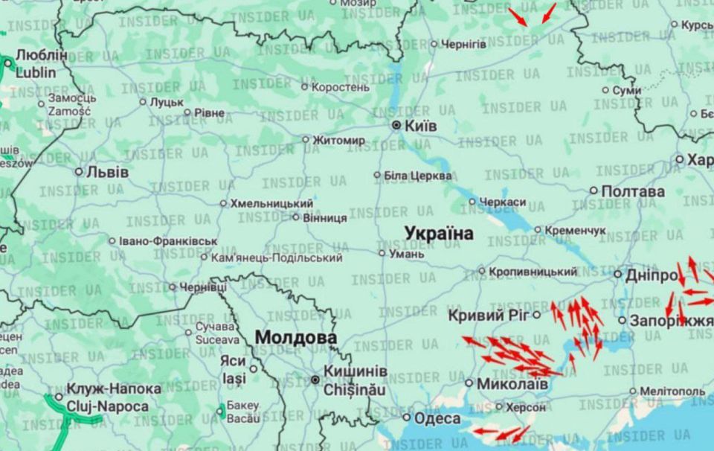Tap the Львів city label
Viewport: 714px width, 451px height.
pyautogui.click(x=108, y=172)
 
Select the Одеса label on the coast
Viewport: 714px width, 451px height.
pyautogui.click(x=437, y=418)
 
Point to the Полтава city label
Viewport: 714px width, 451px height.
pyautogui.click(x=632, y=191)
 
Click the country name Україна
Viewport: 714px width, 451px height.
pyautogui.click(x=439, y=234)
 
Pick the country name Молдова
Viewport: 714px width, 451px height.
pyautogui.click(x=295, y=338)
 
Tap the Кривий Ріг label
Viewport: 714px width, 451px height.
pyautogui.click(x=488, y=316)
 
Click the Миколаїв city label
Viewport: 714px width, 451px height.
pyautogui.click(x=512, y=384)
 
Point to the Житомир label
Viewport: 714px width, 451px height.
pyautogui.click(x=338, y=140)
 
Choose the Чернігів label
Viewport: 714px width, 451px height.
pyautogui.click(x=464, y=44)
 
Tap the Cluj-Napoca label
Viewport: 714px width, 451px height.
pyautogui.click(x=107, y=406)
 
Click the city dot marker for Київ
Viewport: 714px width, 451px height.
pyautogui.click(x=396, y=125)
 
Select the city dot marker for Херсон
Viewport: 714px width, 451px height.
pyautogui.click(x=498, y=407)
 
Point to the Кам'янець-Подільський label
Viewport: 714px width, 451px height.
pyautogui.click(x=277, y=258)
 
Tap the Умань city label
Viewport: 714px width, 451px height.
pyautogui.click(x=406, y=254)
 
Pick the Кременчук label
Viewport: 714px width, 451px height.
pyautogui.click(x=575, y=231)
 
